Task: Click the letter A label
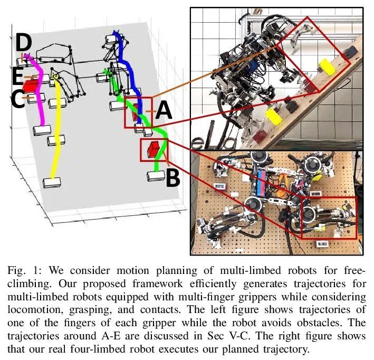pyautogui.click(x=164, y=110)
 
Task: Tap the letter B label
pyautogui.click(x=173, y=178)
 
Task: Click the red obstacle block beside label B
pyautogui.click(x=154, y=149)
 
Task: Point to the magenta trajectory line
pyautogui.click(x=41, y=91)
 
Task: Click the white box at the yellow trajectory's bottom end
pyautogui.click(x=52, y=183)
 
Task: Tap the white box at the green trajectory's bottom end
pyautogui.click(x=156, y=176)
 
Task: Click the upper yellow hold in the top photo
pyautogui.click(x=328, y=67)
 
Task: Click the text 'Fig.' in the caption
pyautogui.click(x=16, y=271)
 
